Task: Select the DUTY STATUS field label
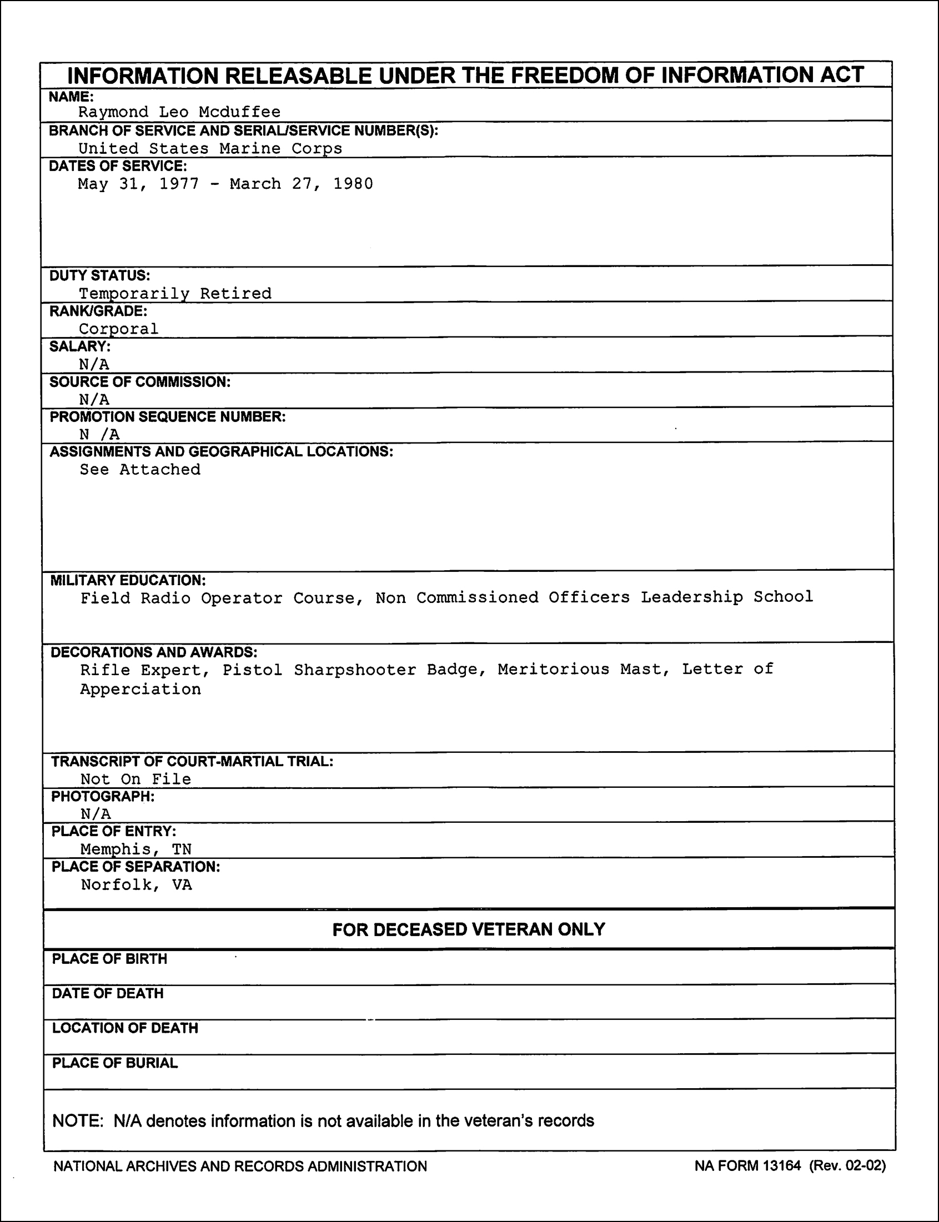[x=99, y=275]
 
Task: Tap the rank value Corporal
[x=118, y=329]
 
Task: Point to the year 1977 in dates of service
[x=179, y=184]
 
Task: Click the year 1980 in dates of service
[x=353, y=184]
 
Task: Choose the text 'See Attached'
[x=140, y=469]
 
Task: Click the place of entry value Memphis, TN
[x=136, y=849]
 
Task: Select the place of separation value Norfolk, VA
[x=137, y=884]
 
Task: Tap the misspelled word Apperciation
[x=140, y=690]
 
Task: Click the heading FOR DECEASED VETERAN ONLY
[x=468, y=929]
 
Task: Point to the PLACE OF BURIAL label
[x=114, y=1063]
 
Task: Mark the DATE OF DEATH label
[x=108, y=993]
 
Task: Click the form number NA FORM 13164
[x=748, y=1165]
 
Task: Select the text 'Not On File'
[x=136, y=779]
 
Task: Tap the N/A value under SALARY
[x=94, y=364]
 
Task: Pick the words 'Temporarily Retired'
[x=175, y=293]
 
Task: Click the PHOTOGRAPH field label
[x=103, y=796]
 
